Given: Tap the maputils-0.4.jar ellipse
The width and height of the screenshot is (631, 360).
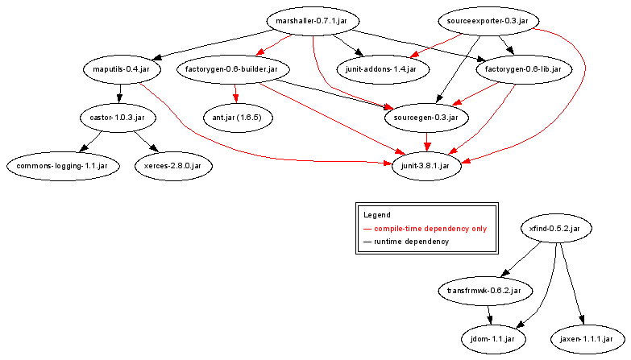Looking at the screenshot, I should coord(121,69).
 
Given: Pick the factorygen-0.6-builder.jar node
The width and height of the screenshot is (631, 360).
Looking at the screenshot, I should coord(231,69).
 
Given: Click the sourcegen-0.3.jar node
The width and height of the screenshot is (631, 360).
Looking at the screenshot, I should coord(426,118).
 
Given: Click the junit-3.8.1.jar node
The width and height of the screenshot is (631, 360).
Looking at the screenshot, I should coord(426,166).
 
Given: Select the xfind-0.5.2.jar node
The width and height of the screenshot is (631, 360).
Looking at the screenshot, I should coord(556,229).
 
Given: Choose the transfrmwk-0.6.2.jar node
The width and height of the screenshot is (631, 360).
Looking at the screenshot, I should coord(485,290).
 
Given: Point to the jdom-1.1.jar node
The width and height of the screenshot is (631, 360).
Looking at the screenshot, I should coord(493,339).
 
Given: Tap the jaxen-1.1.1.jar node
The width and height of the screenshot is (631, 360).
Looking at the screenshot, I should coord(587,339).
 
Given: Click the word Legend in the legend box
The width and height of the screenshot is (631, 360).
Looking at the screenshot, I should coord(376,215).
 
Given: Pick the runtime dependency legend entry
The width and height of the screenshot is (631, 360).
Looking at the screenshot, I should coord(411,242).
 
